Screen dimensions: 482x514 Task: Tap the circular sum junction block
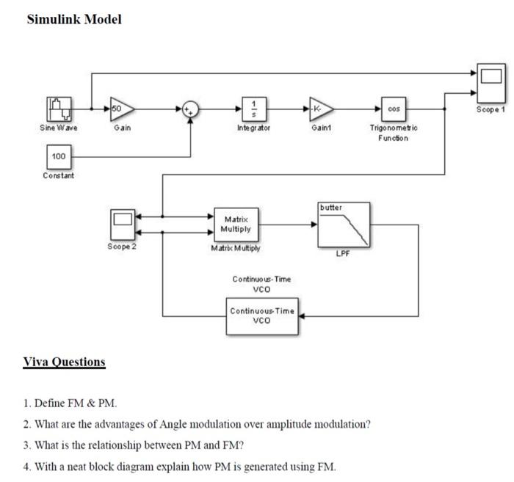pyautogui.click(x=192, y=109)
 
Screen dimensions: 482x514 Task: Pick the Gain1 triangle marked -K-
pyautogui.click(x=320, y=109)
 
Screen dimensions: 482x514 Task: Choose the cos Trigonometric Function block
pyautogui.click(x=394, y=109)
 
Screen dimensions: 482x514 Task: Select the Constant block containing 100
pyautogui.click(x=59, y=157)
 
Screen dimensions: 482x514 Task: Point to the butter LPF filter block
pyautogui.click(x=344, y=225)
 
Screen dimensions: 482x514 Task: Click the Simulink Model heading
pyautogui.click(x=74, y=19)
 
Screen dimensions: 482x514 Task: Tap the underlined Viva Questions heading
pyautogui.click(x=64, y=362)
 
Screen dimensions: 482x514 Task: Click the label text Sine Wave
pyautogui.click(x=59, y=128)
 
